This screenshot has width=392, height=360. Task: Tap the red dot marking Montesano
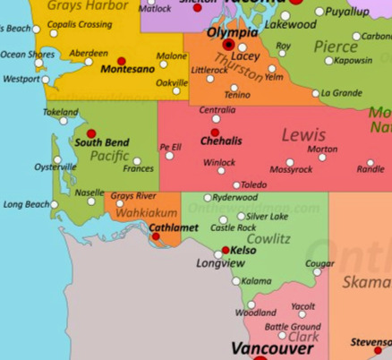pos(122,61)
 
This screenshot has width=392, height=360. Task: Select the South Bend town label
pos(101,142)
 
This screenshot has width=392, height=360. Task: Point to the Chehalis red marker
pos(215,133)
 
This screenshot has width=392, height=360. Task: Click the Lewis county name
pos(303,135)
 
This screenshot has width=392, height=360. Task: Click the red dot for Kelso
pos(226,250)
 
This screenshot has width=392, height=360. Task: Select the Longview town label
pos(220,263)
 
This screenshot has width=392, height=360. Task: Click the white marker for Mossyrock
pos(290,162)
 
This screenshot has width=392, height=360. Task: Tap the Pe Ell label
pos(170,147)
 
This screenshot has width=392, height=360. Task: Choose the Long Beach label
pos(26,204)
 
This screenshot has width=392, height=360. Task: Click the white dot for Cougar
pos(317,271)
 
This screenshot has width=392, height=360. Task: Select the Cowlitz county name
pos(268,239)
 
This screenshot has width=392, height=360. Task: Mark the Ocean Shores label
pos(27,54)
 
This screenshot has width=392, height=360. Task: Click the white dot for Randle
pos(371,163)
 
